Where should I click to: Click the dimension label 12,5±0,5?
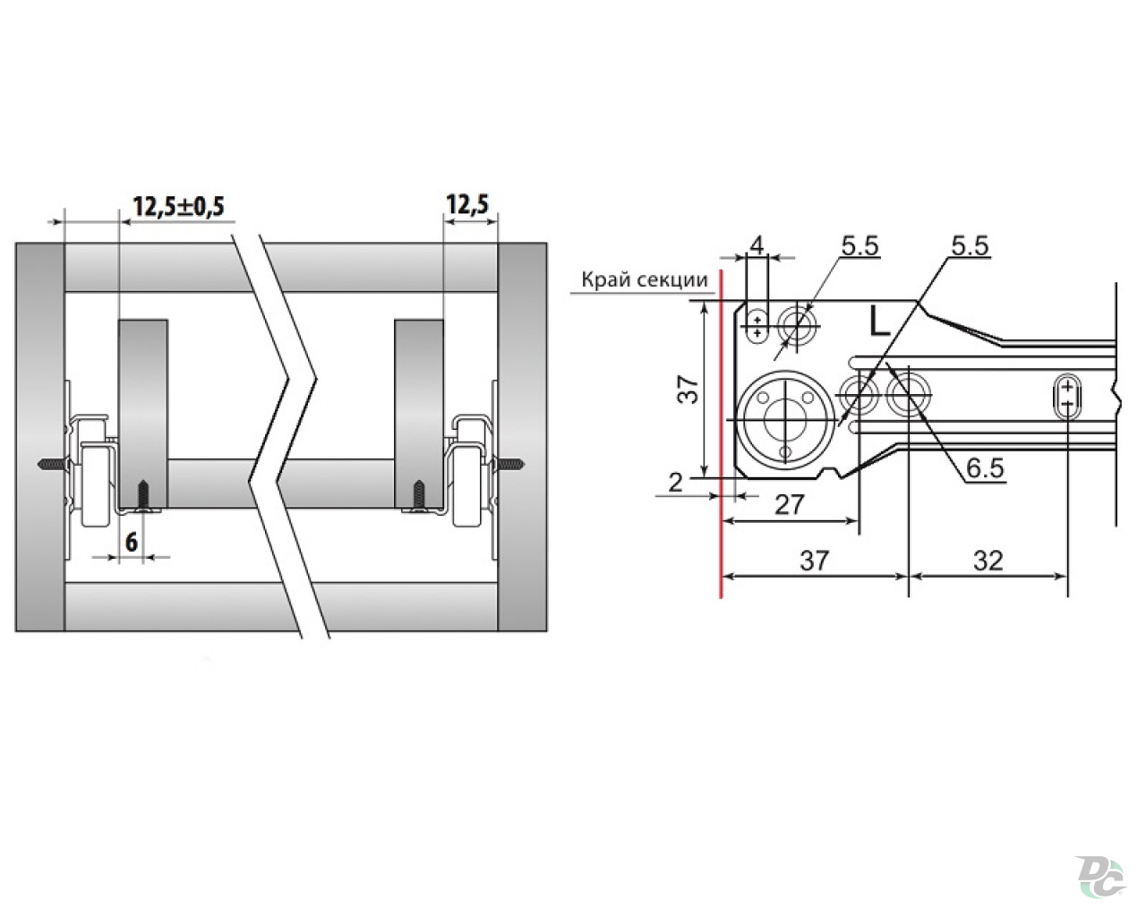coord(178,206)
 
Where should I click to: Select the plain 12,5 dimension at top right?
coord(467,204)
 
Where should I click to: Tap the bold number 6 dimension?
coord(132,543)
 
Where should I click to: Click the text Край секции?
coord(645,279)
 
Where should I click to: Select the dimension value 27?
coord(789,504)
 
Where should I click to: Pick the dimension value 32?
coord(988,561)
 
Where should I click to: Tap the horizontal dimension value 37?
coord(815,561)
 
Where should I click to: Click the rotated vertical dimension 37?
coord(688,390)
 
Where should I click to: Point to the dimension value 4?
coord(757,245)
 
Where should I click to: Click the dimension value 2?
coord(675,483)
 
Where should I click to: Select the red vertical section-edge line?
coord(721,433)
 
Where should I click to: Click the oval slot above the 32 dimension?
coord(1068,397)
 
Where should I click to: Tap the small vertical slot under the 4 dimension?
coord(757,326)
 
